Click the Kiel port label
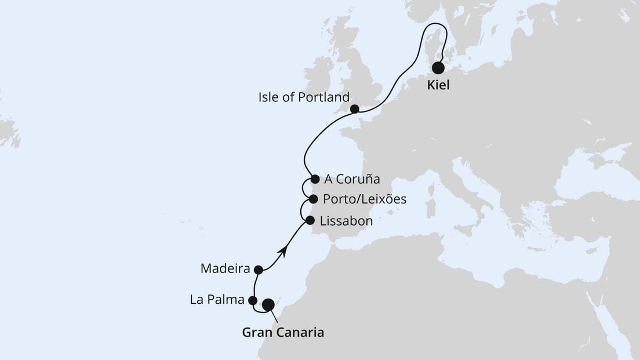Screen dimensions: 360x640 click(438, 86)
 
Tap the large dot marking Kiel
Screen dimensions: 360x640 click(438, 68)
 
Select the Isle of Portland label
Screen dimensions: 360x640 click(304, 97)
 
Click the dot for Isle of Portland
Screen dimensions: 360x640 click(355, 109)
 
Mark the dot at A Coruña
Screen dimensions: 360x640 click(315, 179)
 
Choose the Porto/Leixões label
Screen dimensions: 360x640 click(365, 199)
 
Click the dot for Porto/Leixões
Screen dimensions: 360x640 click(313, 199)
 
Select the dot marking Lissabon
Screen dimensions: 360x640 click(310, 220)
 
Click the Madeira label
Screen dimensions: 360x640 click(225, 269)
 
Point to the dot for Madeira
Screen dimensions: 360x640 click(259, 270)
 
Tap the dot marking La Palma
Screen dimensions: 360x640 click(252, 300)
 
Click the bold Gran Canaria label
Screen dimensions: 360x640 click(282, 332)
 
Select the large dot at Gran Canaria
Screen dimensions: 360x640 click(268, 304)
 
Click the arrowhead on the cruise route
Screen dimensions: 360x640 click(283, 250)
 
